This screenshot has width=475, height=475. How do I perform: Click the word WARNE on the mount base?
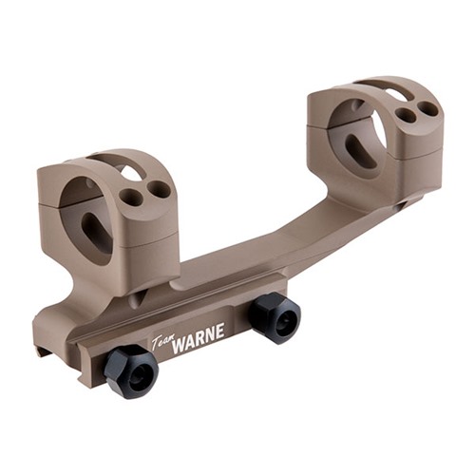(x=198, y=337)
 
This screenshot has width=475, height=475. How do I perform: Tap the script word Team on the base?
(x=161, y=342)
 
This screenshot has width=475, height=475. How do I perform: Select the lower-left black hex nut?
(x=131, y=371)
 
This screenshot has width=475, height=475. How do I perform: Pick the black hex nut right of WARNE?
(x=275, y=318)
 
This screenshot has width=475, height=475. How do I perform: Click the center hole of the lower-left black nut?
(x=138, y=376)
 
